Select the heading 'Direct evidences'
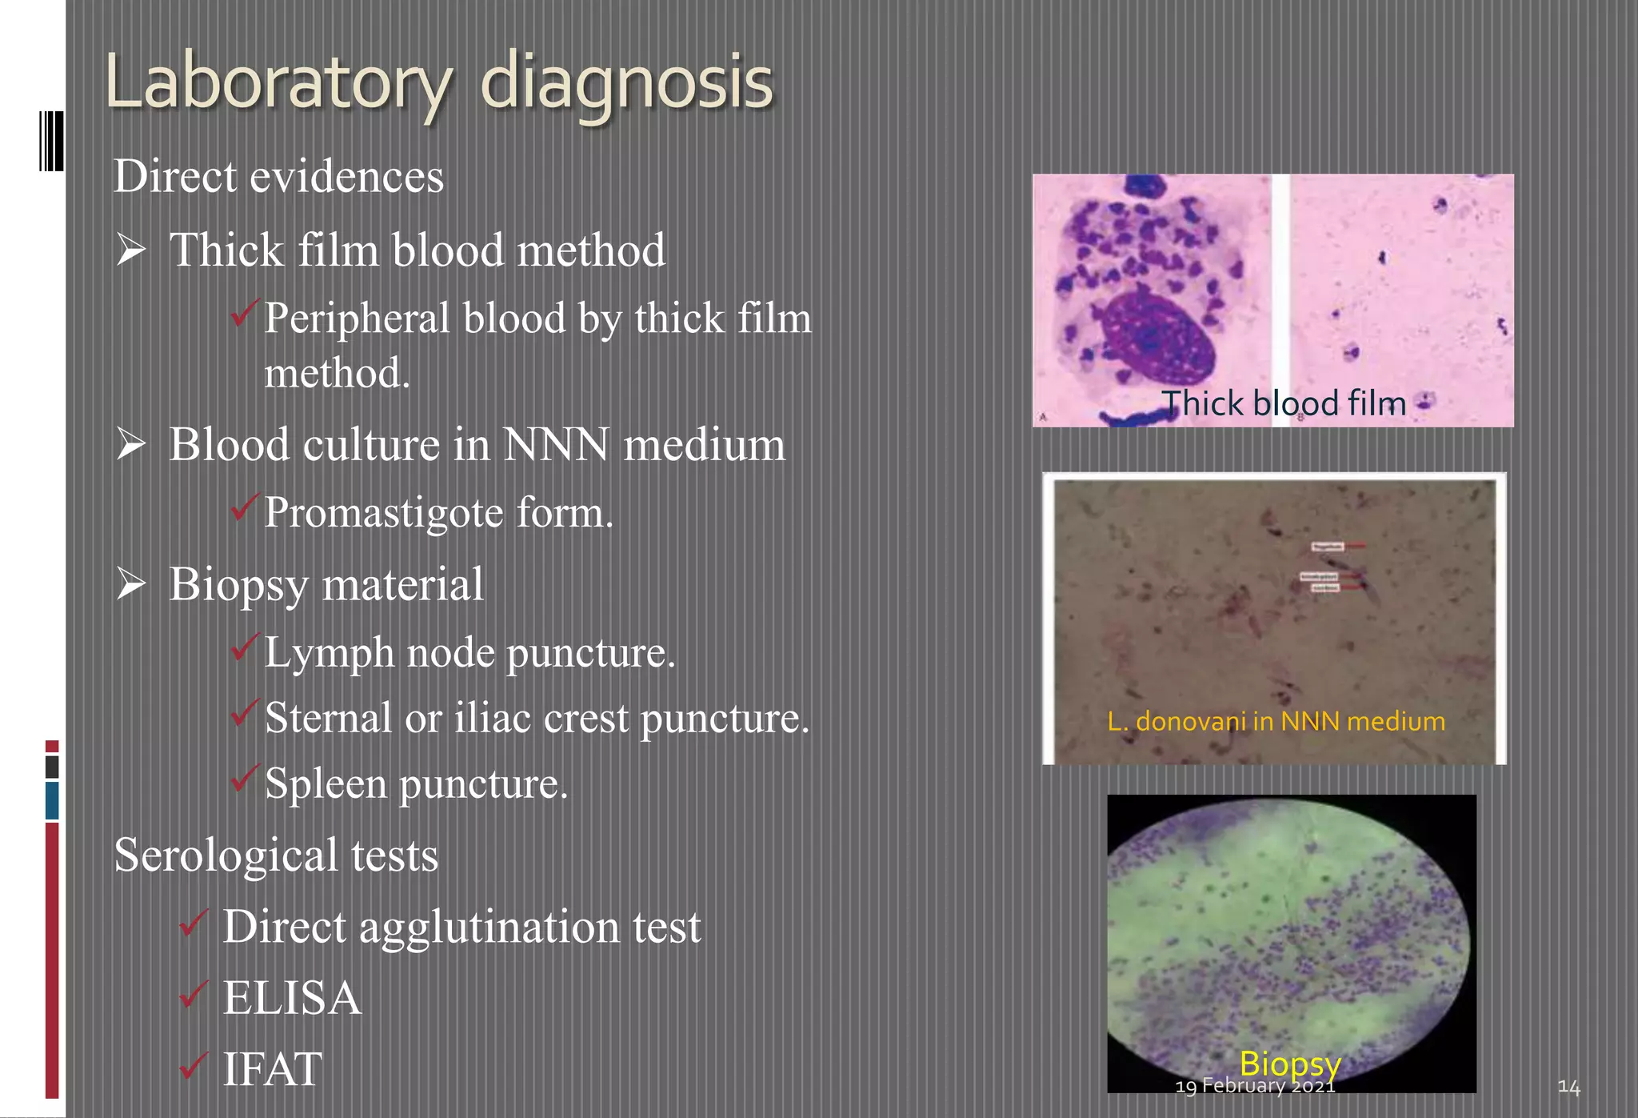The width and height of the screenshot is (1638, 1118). coord(278,176)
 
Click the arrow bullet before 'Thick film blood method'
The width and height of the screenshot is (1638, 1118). coord(131,250)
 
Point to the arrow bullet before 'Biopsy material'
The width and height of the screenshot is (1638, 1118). coord(131,584)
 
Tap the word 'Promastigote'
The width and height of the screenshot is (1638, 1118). coord(384,513)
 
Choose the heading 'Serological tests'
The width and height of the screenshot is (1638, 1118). coord(276,855)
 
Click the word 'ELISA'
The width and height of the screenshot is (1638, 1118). coord(292,998)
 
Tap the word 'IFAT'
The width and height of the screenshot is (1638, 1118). coord(272,1069)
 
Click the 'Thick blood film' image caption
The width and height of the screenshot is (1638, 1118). coord(1283,403)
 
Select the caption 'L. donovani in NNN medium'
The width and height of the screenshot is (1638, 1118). coord(1276,721)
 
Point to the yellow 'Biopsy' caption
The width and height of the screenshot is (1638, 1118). coord(1289,1063)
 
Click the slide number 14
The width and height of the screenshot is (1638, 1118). coord(1568,1087)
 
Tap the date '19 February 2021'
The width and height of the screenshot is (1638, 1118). coord(1255,1086)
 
